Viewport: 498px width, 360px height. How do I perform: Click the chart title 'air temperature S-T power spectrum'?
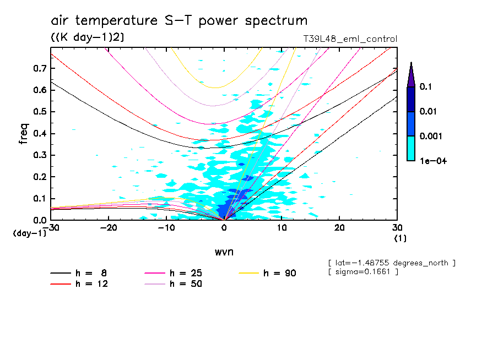(x=179, y=21)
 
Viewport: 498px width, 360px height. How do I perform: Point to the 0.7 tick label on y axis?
(x=39, y=68)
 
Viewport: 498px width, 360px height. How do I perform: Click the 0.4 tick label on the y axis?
(x=39, y=134)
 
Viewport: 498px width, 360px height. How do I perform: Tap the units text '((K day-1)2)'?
(x=87, y=37)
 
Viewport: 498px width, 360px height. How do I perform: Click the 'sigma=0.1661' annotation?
(x=362, y=272)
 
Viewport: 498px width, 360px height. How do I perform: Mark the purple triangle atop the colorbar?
(x=411, y=75)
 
